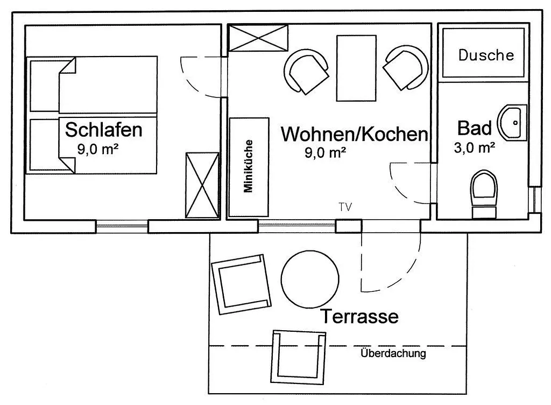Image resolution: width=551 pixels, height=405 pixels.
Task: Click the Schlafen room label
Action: tap(104, 129)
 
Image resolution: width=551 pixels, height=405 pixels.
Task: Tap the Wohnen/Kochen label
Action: tap(355, 134)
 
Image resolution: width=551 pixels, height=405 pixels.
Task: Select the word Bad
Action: tap(475, 128)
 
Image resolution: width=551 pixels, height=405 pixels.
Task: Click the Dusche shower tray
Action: tap(483, 53)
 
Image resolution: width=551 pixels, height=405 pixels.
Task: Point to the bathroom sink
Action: tap(512, 122)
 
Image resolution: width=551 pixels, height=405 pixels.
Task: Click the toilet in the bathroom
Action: tap(484, 194)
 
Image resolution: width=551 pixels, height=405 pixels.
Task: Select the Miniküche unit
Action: tap(249, 167)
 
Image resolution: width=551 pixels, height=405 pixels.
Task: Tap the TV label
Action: tap(345, 207)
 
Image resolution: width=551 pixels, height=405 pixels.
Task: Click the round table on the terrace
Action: tap(310, 279)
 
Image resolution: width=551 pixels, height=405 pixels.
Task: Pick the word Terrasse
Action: tap(359, 316)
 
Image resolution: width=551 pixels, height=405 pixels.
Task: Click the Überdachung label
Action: tap(393, 353)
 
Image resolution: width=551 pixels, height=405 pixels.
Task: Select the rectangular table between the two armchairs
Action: tap(356, 68)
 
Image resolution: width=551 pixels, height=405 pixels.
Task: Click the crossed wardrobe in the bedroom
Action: tap(202, 185)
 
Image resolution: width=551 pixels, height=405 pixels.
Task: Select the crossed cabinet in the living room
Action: tap(258, 38)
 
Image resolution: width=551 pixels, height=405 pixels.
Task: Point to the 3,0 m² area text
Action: tap(475, 148)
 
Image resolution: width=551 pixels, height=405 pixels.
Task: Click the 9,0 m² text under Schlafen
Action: tap(98, 149)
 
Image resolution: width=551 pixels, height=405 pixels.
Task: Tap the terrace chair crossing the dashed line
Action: tap(298, 357)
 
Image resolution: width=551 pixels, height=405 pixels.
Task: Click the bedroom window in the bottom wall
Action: tap(122, 226)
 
